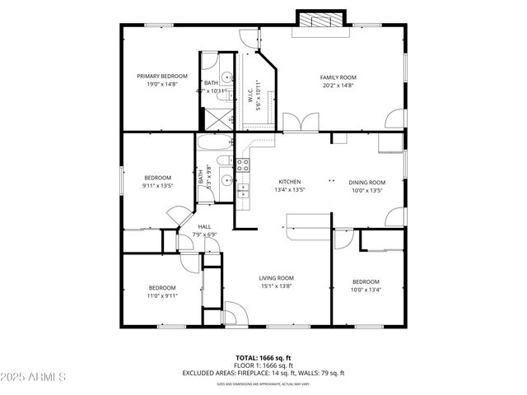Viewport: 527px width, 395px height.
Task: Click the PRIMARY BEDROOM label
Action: [x=162, y=76]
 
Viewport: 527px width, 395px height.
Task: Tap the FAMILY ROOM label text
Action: [x=338, y=77]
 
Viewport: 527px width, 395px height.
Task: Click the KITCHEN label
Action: [x=289, y=182]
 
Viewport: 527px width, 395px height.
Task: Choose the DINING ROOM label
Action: [x=366, y=182]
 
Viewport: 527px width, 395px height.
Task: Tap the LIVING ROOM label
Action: [x=277, y=278]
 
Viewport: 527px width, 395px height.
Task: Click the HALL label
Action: [x=205, y=226]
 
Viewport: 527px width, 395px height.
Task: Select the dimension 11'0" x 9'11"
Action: [x=162, y=295]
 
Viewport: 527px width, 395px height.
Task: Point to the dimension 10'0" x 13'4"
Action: [x=366, y=290]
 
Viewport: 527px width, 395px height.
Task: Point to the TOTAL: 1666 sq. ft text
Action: [x=263, y=358]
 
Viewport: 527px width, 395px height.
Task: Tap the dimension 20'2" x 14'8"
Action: [x=338, y=85]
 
